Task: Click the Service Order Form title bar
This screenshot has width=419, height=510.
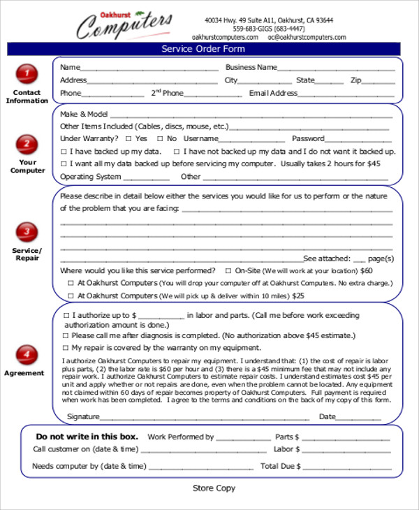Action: click(204, 49)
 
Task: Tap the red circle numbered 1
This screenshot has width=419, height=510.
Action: click(27, 73)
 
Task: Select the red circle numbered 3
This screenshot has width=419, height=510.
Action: click(27, 231)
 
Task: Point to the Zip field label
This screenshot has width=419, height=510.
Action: click(355, 80)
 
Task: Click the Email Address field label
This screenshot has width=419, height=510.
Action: click(273, 93)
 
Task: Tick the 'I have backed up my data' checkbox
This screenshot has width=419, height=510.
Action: click(64, 152)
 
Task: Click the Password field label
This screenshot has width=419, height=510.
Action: click(308, 138)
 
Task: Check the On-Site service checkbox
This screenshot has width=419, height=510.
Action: click(228, 270)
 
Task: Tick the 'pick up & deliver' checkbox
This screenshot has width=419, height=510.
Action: click(71, 296)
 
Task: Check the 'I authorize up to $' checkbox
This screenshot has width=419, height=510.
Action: click(65, 315)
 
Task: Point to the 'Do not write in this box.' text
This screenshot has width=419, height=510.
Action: click(87, 437)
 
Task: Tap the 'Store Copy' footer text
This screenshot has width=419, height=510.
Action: click(214, 488)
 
